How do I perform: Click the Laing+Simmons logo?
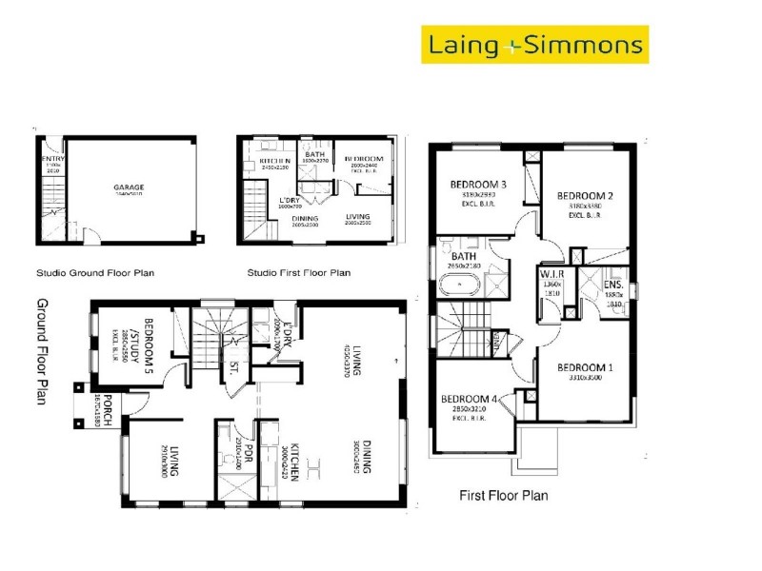click(534, 45)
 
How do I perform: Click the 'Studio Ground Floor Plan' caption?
click(94, 272)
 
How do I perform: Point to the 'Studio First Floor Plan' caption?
click(298, 272)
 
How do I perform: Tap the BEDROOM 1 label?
click(586, 367)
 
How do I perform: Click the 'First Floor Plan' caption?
click(503, 495)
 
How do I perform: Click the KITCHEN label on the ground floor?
click(296, 462)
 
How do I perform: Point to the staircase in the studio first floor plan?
click(255, 209)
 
